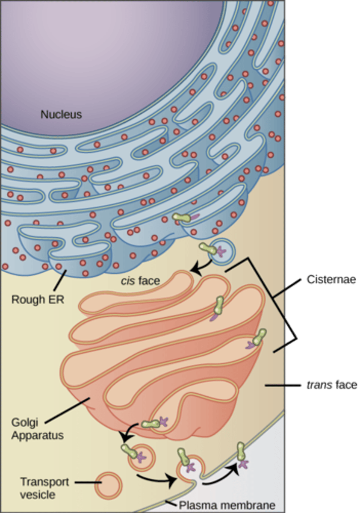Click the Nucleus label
(61, 114)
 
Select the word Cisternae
(331, 280)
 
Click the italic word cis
(128, 281)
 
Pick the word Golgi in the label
(25, 423)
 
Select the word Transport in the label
(44, 476)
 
